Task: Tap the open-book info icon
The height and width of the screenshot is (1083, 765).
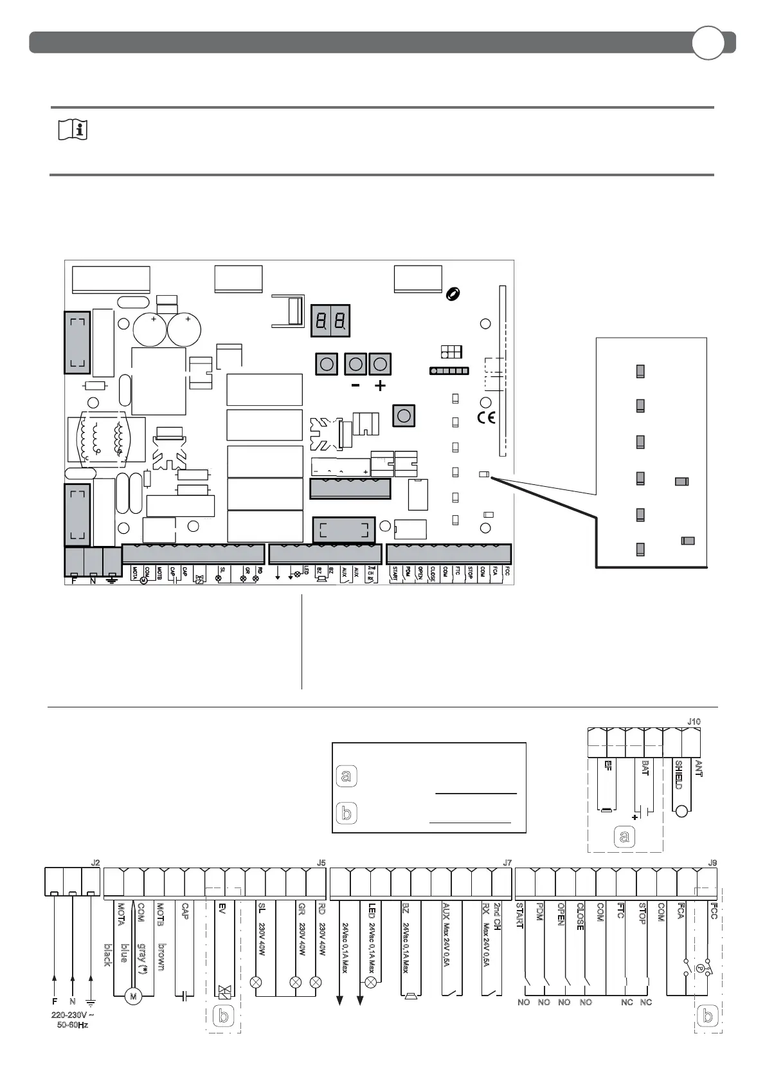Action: pyautogui.click(x=73, y=131)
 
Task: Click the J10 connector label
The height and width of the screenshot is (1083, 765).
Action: pyautogui.click(x=694, y=722)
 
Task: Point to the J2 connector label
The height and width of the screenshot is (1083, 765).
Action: pyautogui.click(x=95, y=863)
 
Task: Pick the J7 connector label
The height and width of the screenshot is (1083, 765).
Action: pyautogui.click(x=507, y=863)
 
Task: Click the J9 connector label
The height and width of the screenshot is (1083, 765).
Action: pyautogui.click(x=712, y=863)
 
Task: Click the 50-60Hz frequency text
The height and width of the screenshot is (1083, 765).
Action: pyautogui.click(x=73, y=1025)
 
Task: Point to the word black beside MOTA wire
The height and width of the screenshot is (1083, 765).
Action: pyautogui.click(x=107, y=955)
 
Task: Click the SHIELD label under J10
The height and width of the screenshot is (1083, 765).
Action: pyautogui.click(x=678, y=775)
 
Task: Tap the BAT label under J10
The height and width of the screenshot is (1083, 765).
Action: pyautogui.click(x=645, y=768)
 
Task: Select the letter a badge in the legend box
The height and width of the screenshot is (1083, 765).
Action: pyautogui.click(x=346, y=776)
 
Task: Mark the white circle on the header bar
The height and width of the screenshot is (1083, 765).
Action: pyautogui.click(x=708, y=43)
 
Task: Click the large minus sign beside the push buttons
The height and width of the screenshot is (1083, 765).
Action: pyautogui.click(x=355, y=387)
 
